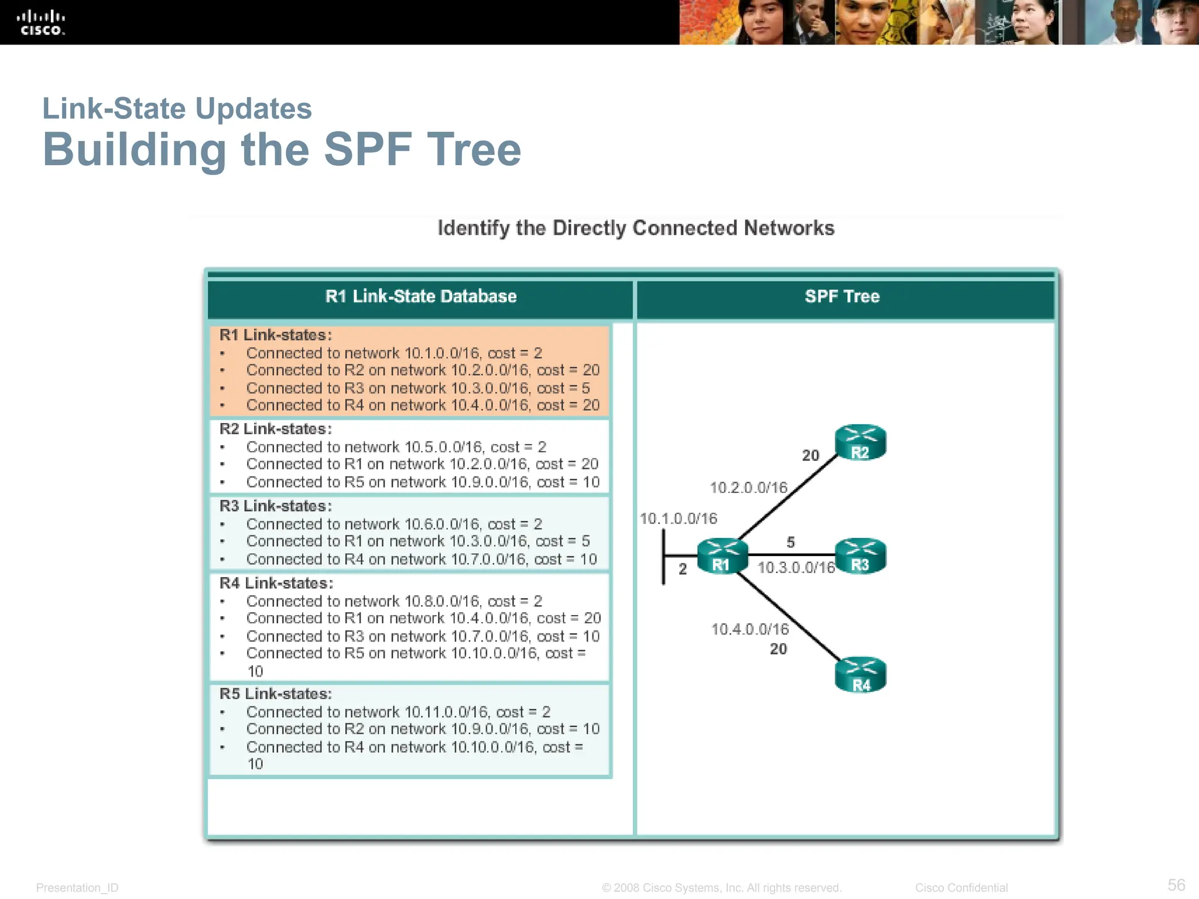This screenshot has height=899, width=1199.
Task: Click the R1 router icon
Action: click(x=722, y=556)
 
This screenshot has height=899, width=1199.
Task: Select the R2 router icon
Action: click(x=860, y=442)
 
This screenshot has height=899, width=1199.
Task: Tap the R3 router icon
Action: click(x=860, y=555)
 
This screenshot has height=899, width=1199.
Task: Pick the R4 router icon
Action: click(x=860, y=675)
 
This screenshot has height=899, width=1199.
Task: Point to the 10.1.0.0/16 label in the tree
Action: click(x=678, y=519)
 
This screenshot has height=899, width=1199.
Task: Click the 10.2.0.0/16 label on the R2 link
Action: click(x=749, y=488)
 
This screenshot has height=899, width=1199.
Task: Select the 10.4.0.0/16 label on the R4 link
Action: click(x=750, y=629)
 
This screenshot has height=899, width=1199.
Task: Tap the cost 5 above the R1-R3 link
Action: click(x=790, y=542)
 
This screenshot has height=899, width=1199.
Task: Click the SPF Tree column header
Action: click(x=842, y=296)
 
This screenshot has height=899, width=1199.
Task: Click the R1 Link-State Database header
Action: click(x=420, y=296)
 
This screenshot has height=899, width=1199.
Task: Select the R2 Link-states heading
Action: click(x=275, y=429)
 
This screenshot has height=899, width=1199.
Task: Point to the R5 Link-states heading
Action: click(x=275, y=694)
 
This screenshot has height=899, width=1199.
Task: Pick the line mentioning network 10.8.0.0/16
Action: click(x=394, y=601)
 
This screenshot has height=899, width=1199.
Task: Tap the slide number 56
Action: click(x=1176, y=884)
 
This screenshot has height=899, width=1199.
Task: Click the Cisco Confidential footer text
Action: click(x=961, y=888)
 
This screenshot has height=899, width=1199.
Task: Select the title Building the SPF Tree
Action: click(x=282, y=149)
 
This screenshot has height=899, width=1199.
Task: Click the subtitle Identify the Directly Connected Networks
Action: click(x=636, y=228)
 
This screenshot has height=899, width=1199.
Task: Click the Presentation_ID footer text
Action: click(x=77, y=888)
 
